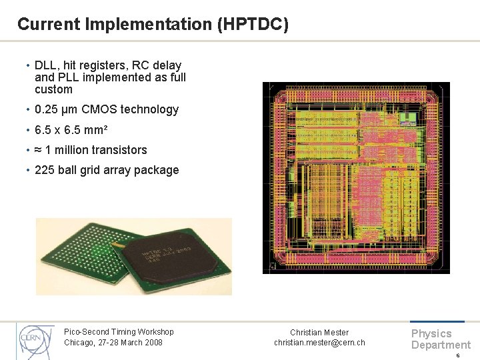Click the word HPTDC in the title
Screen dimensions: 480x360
tap(254, 25)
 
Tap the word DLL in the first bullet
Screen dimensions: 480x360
tap(45, 65)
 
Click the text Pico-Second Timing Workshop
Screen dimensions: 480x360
tap(119, 332)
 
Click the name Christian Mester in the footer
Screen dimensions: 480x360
tap(319, 332)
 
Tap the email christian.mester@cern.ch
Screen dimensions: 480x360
tap(319, 343)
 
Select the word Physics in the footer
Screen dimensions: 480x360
tap(431, 333)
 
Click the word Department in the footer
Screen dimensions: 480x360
tap(441, 345)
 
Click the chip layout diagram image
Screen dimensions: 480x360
tap(356, 177)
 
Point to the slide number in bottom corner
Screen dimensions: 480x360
tap(457, 355)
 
